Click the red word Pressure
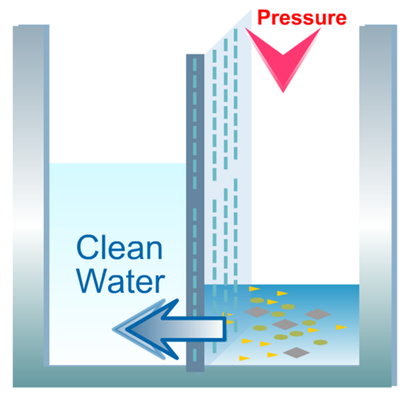click(x=302, y=18)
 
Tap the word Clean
click(x=119, y=248)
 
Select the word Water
click(x=121, y=280)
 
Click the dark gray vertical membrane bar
click(x=195, y=213)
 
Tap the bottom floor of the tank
click(x=204, y=376)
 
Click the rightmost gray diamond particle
click(x=317, y=314)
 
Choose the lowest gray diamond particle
click(x=297, y=353)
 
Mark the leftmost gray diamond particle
click(x=257, y=312)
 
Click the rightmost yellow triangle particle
click(x=341, y=327)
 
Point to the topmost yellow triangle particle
click(x=254, y=288)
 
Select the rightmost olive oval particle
click(x=321, y=342)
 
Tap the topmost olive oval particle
click(x=257, y=300)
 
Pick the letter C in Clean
click(x=87, y=248)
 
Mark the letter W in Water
click(x=92, y=280)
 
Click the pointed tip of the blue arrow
click(x=113, y=329)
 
